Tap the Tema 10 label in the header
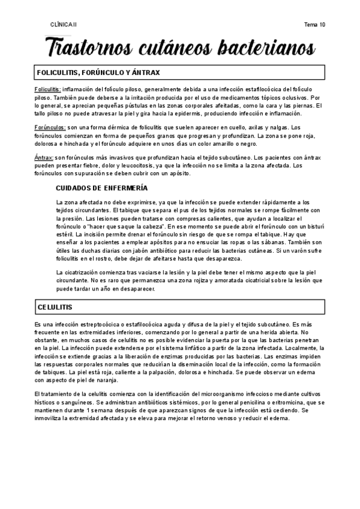(x=314, y=25)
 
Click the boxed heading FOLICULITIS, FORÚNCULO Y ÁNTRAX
(x=98, y=73)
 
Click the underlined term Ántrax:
(x=44, y=158)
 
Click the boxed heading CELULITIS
(x=55, y=307)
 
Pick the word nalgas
(x=289, y=127)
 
